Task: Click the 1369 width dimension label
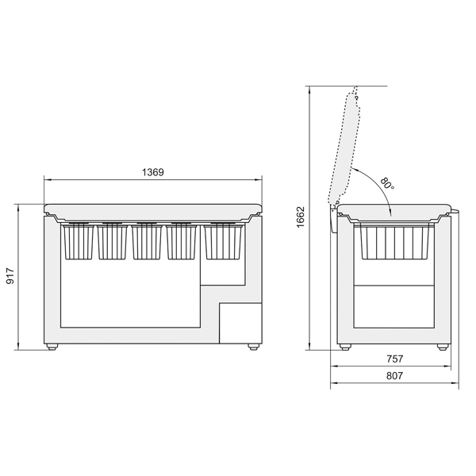[152, 172]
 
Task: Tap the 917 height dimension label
[10, 275]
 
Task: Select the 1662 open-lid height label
[300, 217]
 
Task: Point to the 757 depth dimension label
[394, 359]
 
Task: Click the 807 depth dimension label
[394, 376]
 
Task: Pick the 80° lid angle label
[387, 183]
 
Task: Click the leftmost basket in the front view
[78, 242]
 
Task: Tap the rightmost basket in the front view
[224, 242]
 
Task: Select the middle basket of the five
[147, 242]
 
